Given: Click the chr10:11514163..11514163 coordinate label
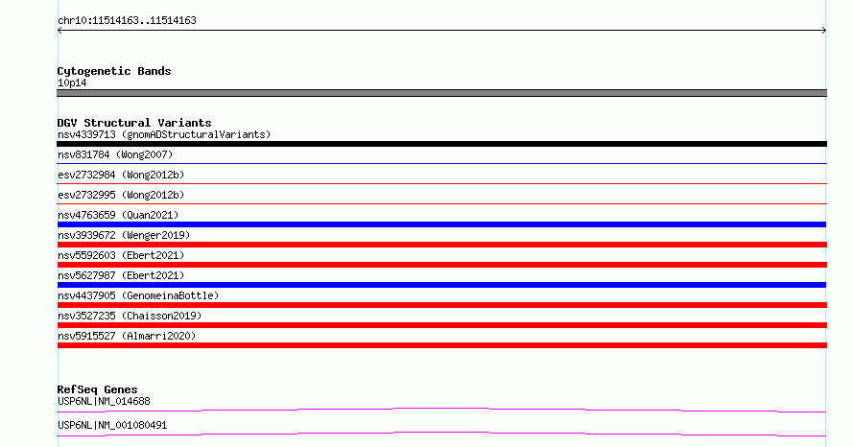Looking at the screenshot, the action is point(127,21).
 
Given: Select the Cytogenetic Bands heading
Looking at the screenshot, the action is point(114,71).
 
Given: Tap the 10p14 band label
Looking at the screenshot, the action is point(72,82).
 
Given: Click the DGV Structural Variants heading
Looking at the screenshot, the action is point(134,123).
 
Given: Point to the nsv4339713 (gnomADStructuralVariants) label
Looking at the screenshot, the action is point(164,134).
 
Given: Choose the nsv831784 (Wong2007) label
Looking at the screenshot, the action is point(115,154).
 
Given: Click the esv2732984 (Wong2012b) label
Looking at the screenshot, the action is point(121,175).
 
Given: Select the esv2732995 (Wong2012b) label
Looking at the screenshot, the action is point(121,195).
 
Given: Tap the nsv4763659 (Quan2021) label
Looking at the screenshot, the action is point(118,215).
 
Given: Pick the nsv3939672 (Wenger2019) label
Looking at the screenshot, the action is point(124,235).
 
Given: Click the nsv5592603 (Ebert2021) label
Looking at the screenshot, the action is point(121,255).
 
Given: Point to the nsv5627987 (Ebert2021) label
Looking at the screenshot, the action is point(121,275).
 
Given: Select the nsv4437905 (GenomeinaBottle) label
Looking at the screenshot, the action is point(138,295).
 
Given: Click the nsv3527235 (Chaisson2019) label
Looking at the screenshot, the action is point(130,316).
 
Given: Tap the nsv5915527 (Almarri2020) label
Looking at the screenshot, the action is point(127,336).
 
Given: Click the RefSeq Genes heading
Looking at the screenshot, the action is point(97,389).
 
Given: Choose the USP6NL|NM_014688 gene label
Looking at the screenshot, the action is point(104,401).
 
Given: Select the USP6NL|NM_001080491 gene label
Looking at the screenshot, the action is point(112,425).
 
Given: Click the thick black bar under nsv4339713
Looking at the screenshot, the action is point(441,144).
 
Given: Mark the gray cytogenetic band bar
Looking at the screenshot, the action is point(441,93).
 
